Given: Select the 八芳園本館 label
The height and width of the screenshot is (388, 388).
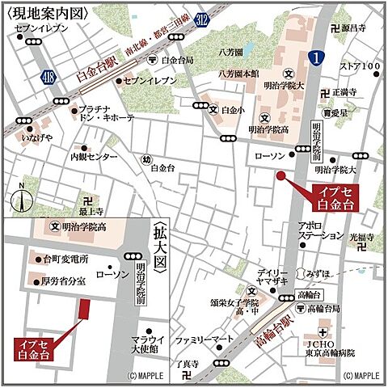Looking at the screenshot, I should [x=238, y=74].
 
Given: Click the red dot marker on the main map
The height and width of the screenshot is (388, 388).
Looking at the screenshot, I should [x=280, y=175].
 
